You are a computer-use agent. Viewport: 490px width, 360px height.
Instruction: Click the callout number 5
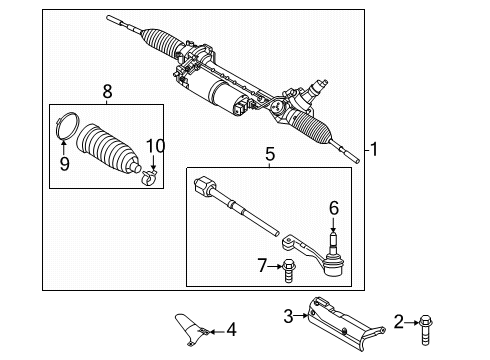pyautogui.click(x=269, y=156)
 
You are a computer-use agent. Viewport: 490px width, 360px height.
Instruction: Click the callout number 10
pyautogui.click(x=154, y=148)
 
